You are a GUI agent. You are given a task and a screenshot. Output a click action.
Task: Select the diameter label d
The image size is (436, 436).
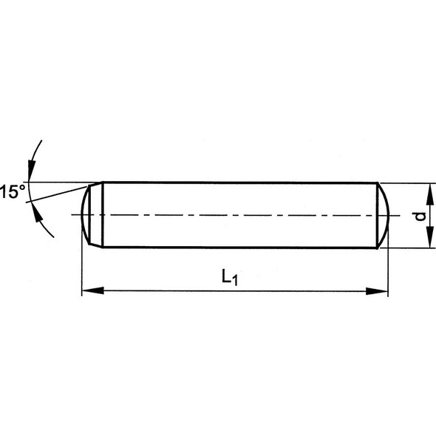(x=419, y=216)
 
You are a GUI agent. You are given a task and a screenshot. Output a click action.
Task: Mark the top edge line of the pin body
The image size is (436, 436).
(x=236, y=183)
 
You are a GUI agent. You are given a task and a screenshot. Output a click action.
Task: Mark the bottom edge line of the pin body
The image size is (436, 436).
(x=236, y=248)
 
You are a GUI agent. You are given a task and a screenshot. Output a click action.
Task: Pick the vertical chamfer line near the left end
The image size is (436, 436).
(x=102, y=214)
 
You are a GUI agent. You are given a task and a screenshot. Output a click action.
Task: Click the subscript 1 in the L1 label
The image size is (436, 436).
(x=234, y=281)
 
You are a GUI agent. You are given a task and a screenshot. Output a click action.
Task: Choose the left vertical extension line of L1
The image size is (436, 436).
(x=81, y=266)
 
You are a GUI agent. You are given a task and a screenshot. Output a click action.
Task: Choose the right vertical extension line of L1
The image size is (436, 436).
(x=388, y=266)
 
